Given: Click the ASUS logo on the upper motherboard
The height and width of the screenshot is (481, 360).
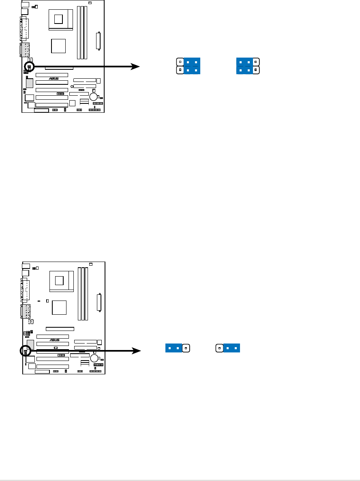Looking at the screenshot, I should click(x=54, y=79).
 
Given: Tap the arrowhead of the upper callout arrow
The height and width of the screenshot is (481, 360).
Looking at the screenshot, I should click(x=135, y=66).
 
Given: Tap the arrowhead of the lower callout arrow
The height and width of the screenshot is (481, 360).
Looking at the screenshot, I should click(x=135, y=350).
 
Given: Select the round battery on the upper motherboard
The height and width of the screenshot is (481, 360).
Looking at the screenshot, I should click(x=94, y=97).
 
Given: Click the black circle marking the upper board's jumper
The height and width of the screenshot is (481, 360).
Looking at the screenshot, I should click(x=29, y=66).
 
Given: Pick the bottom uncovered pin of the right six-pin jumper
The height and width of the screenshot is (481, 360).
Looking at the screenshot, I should click(x=255, y=70).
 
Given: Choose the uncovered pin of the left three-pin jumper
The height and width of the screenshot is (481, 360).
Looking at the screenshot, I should click(x=186, y=348).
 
